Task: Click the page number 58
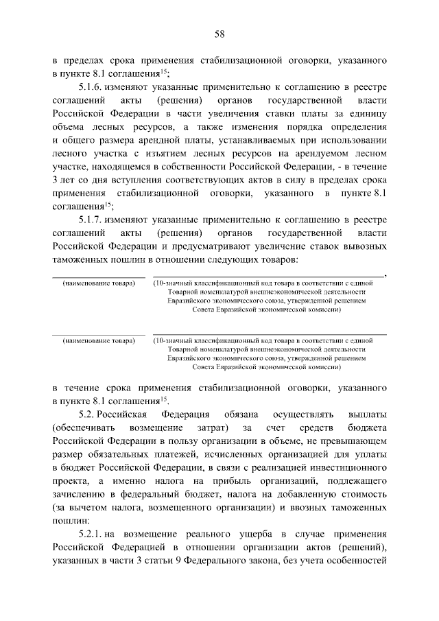(x=219, y=34)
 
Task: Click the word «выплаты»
(x=368, y=415)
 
